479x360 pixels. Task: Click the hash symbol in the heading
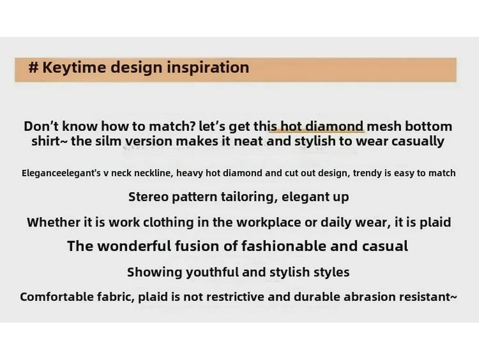[34, 68]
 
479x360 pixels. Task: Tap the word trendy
[367, 173]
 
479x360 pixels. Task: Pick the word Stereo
[147, 197]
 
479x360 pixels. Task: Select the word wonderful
[132, 246]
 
